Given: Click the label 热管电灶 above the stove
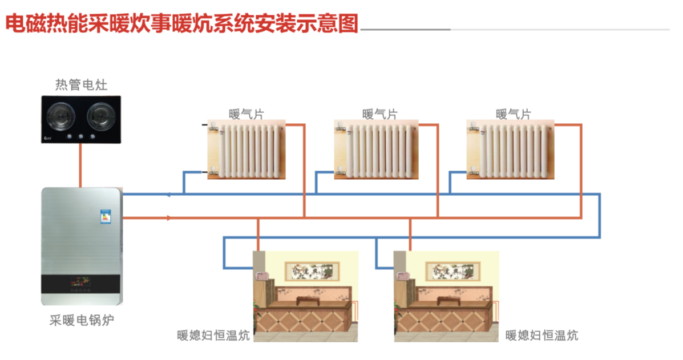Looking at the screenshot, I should pos(81,85).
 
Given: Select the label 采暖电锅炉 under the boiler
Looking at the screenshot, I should pos(81,319).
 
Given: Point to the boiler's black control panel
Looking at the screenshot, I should pos(81,284).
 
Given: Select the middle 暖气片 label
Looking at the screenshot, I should pos(379,114).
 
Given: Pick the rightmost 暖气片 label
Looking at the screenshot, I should pos(513,114).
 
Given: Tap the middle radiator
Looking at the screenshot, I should pos(377,149).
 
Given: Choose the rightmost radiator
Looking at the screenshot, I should pos(510,149).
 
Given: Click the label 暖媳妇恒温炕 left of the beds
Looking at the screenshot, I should pos(213,335).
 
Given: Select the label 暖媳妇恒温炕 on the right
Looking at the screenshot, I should pos(542,335).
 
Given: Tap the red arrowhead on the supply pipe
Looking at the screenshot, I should pos(168,217).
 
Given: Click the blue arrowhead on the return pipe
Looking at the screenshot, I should pos(168,195).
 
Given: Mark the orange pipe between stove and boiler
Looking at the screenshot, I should pos(80,165).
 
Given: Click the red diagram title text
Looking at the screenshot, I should pos(181,24).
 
